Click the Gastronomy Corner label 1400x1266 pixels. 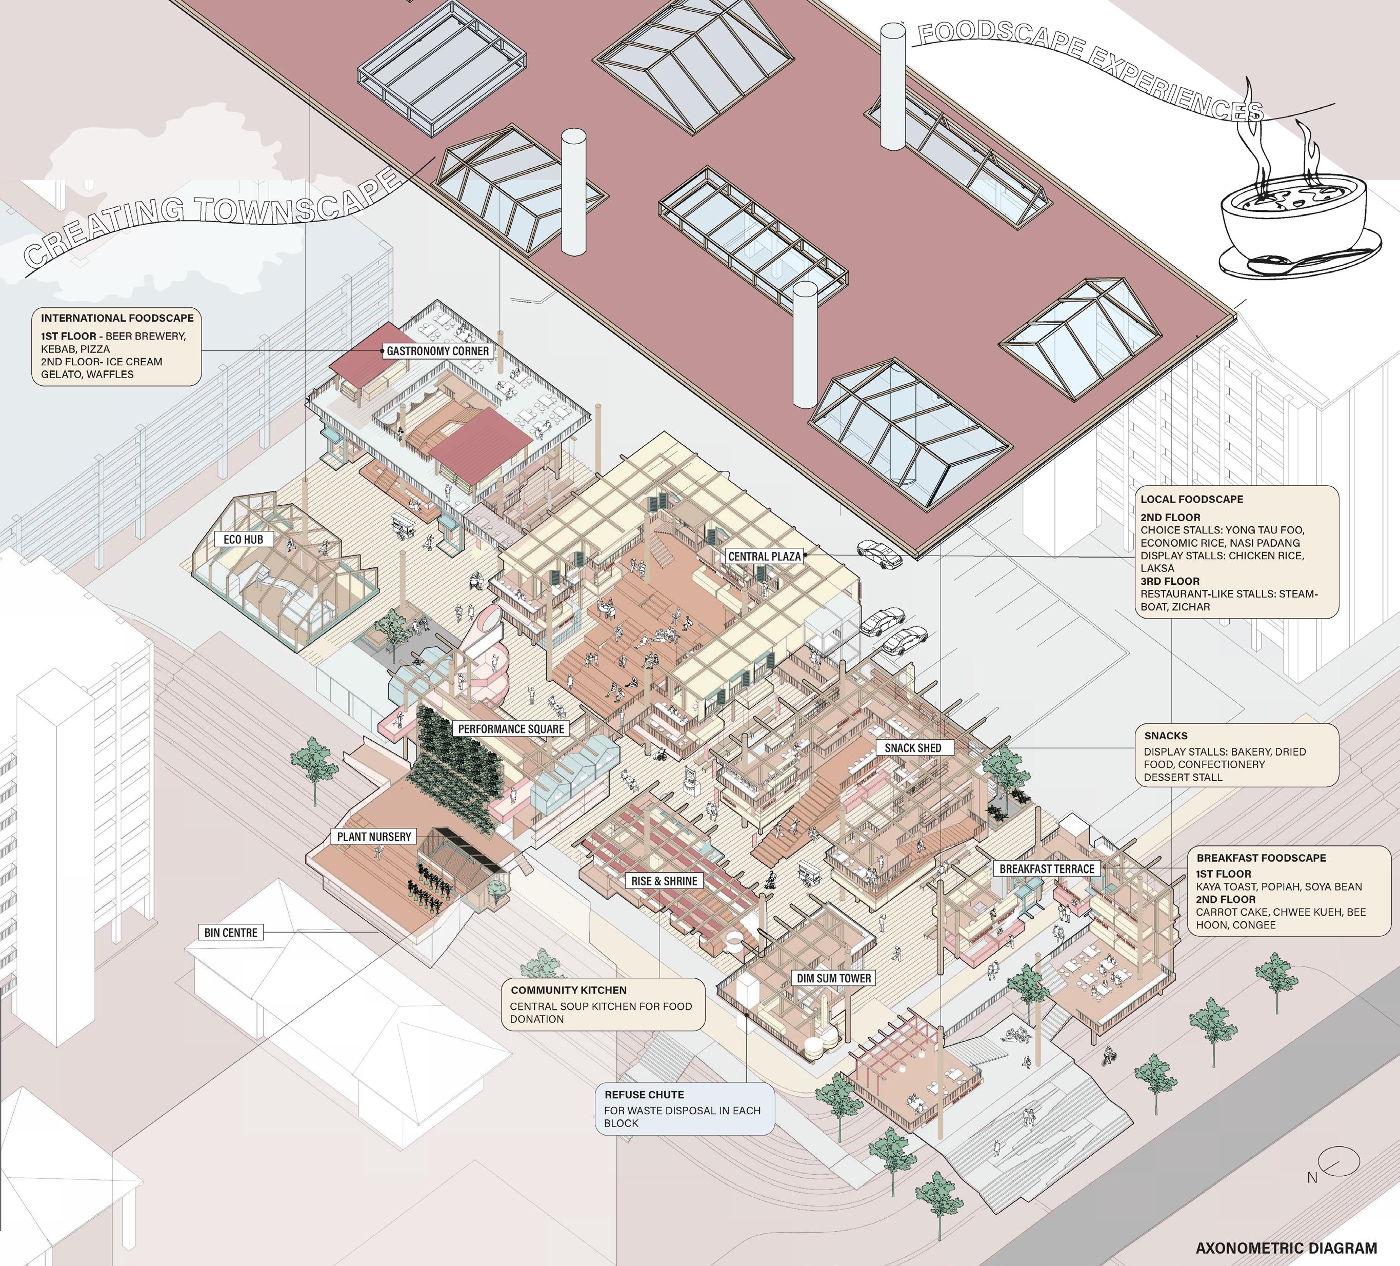tap(437, 351)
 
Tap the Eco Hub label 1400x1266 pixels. tap(243, 539)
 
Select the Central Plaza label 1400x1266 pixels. tap(764, 556)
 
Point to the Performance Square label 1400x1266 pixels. tap(511, 728)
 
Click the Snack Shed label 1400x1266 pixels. tap(912, 748)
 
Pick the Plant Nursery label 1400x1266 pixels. tap(374, 837)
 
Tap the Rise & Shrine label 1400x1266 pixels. tap(664, 881)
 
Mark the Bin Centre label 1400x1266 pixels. tap(231, 933)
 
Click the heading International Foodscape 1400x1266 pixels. tap(117, 319)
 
